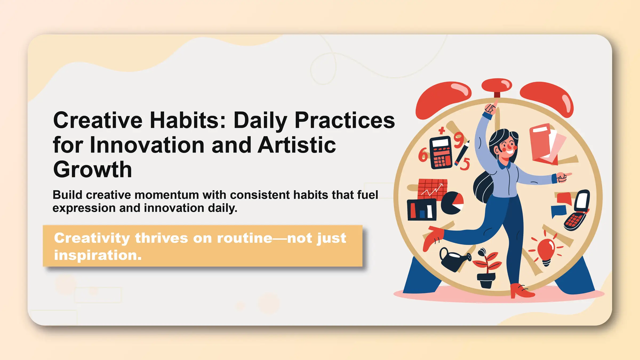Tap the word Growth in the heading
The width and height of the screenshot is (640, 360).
(93, 170)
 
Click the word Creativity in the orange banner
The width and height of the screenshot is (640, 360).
(92, 238)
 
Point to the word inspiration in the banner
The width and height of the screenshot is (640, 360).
(98, 255)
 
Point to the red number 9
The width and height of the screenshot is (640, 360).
(459, 140)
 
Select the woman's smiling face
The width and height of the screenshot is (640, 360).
(507, 148)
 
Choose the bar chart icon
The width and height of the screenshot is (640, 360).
(422, 210)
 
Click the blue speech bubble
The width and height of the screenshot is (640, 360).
(558, 211)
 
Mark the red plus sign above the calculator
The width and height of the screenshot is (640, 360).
(442, 130)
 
